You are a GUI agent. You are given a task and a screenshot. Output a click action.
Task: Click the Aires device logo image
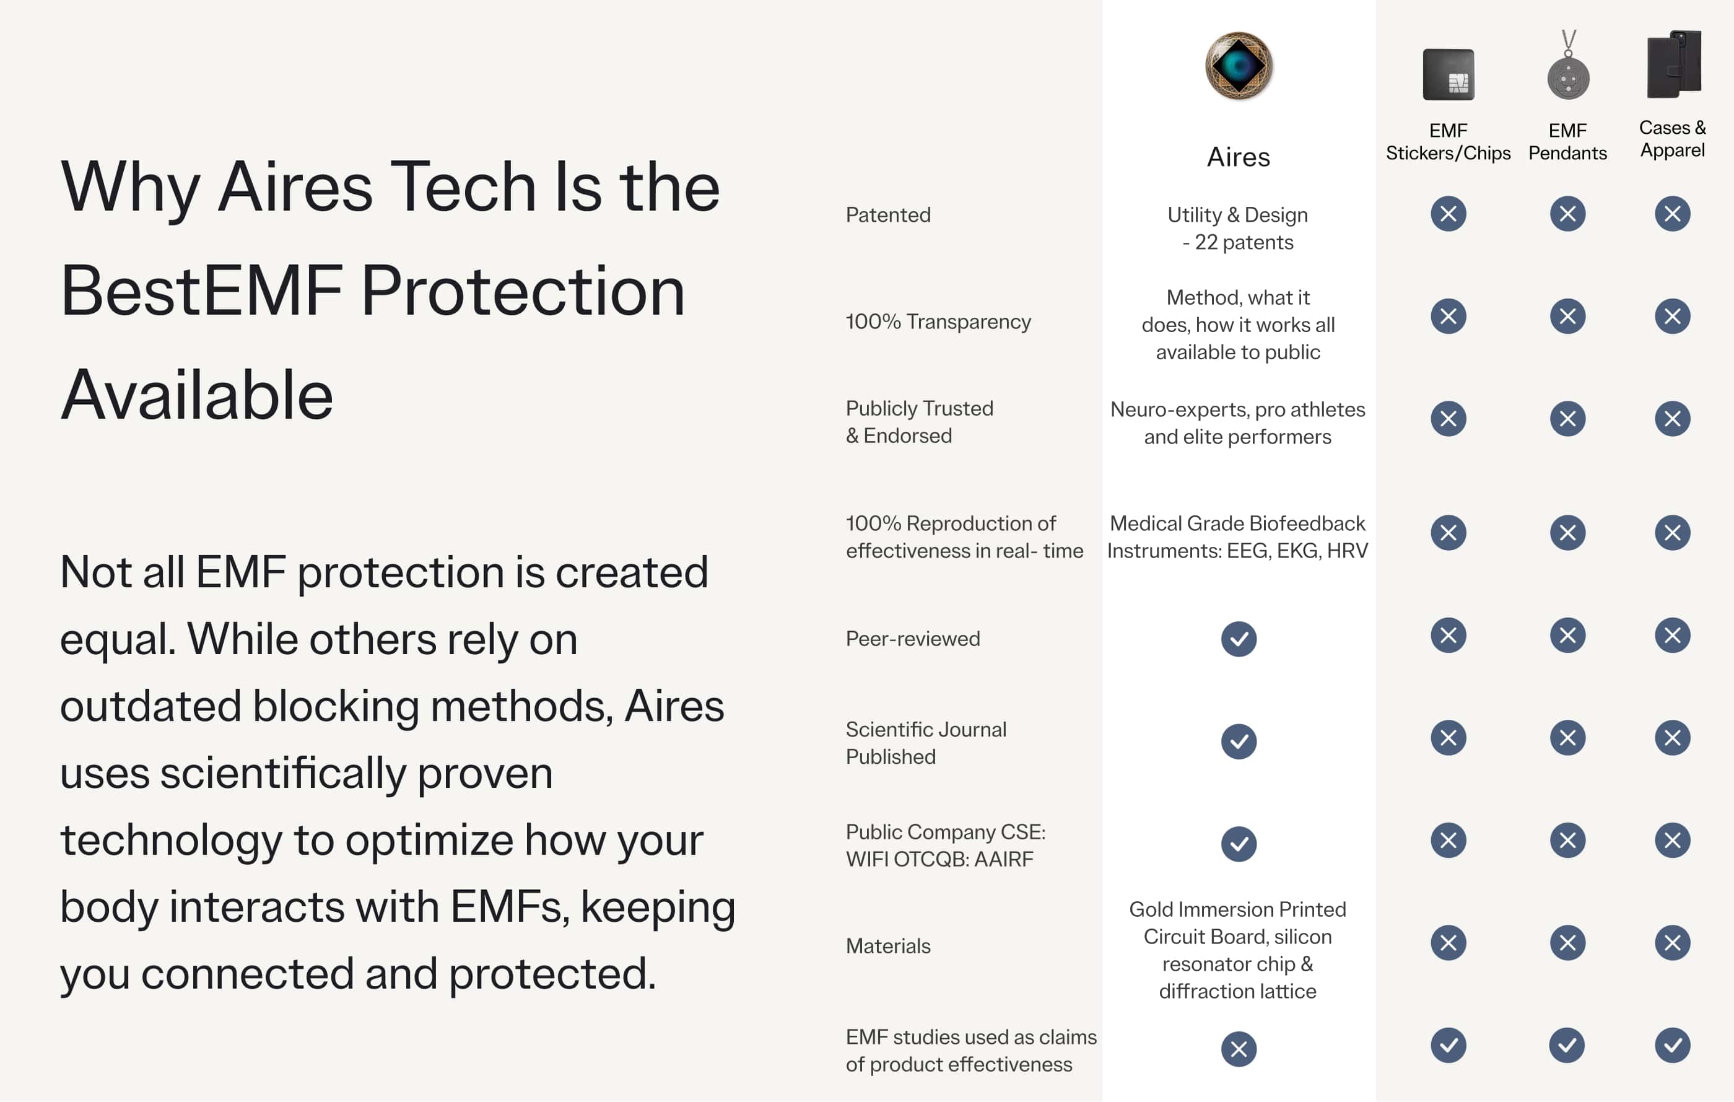click(x=1239, y=66)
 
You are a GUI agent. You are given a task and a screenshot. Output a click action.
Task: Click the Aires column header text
click(x=1239, y=157)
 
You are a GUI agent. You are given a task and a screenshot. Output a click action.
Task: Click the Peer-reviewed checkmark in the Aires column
click(x=1239, y=639)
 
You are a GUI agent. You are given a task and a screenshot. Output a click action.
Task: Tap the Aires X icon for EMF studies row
click(x=1239, y=1049)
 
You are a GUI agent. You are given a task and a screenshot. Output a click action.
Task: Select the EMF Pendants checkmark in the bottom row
click(x=1567, y=1045)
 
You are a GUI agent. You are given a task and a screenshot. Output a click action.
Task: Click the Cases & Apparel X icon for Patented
click(x=1672, y=214)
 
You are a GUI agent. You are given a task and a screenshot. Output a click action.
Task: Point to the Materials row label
click(x=888, y=946)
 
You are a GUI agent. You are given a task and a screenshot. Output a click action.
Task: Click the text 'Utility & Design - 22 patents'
click(x=1238, y=229)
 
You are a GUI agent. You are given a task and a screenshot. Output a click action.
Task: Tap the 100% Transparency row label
click(x=938, y=321)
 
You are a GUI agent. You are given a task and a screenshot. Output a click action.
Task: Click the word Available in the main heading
click(x=196, y=395)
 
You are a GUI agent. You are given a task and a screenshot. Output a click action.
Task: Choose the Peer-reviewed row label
click(x=912, y=639)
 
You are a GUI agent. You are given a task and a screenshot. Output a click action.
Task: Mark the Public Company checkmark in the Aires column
click(x=1239, y=844)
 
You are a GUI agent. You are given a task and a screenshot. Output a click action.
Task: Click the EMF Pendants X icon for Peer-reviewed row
click(x=1567, y=636)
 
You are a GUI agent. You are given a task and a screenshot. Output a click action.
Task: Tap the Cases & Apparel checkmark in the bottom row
click(x=1672, y=1045)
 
